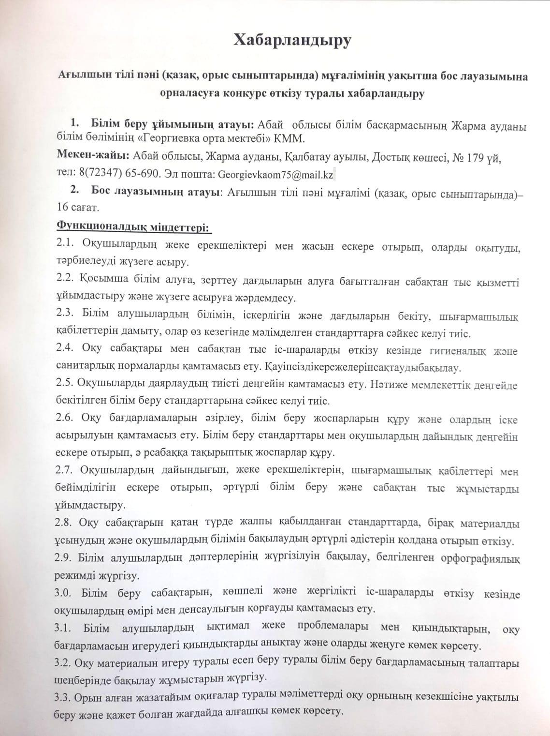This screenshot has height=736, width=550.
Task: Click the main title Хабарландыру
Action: pos(292,40)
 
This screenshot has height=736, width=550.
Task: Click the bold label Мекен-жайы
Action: pos(87,158)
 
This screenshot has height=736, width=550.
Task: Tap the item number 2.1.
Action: pos(65,244)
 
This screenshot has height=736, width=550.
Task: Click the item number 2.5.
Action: pos(65,386)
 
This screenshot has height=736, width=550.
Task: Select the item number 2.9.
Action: pos(65,558)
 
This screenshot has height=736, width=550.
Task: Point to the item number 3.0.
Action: pos(65,593)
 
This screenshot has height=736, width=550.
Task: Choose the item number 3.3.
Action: pos(65,698)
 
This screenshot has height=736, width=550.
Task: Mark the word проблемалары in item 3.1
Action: pos(328,629)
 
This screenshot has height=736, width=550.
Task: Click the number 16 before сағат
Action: pos(63,208)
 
